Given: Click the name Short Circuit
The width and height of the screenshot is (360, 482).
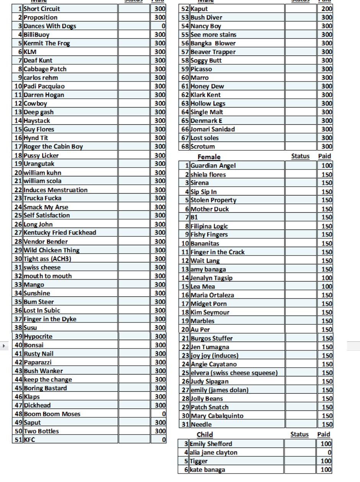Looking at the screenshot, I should pyautogui.click(x=42, y=9).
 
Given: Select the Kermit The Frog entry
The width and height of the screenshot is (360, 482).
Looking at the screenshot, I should pyautogui.click(x=47, y=43).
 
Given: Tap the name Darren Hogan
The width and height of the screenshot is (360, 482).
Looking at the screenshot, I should pyautogui.click(x=44, y=95).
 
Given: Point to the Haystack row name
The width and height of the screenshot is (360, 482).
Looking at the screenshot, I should pyautogui.click(x=37, y=120).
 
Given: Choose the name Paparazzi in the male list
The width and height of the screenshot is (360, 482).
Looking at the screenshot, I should pyautogui.click(x=37, y=362).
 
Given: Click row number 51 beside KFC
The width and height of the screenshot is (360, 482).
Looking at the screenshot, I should pyautogui.click(x=18, y=440).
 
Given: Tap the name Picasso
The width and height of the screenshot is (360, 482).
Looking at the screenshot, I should pyautogui.click(x=201, y=69).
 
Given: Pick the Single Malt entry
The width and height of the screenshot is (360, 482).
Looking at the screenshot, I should pyautogui.click(x=207, y=112).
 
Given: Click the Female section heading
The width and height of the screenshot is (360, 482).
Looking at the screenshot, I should pyautogui.click(x=209, y=157).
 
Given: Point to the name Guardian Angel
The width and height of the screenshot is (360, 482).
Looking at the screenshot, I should pyautogui.click(x=213, y=166).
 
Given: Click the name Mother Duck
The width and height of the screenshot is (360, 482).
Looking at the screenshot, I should pyautogui.click(x=210, y=209).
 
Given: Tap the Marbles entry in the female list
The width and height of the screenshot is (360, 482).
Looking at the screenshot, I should pyautogui.click(x=202, y=321).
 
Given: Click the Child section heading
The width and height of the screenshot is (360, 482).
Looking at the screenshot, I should pyautogui.click(x=205, y=435).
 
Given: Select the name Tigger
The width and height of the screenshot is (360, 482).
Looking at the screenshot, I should pyautogui.click(x=199, y=461).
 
